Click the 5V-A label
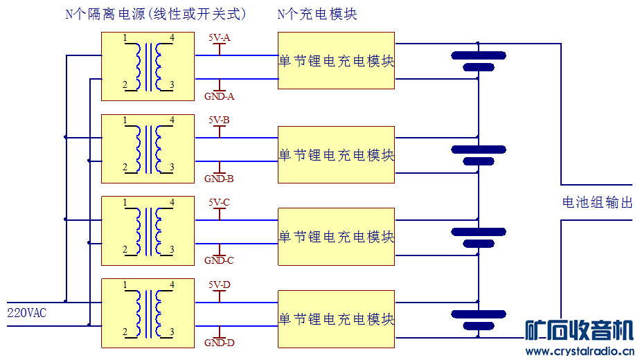tap(219, 38)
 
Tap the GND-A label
tap(219, 96)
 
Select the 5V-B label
tap(219, 120)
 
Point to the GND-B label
tap(219, 179)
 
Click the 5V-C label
tap(219, 202)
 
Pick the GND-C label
tap(219, 260)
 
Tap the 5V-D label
tap(219, 285)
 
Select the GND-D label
tap(219, 343)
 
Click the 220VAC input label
tap(26, 313)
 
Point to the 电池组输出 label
tap(597, 203)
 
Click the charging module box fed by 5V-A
tap(336, 60)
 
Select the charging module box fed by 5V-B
tap(336, 154)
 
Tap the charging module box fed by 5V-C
tap(336, 236)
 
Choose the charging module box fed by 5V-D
tap(336, 318)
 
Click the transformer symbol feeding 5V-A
tap(148, 66)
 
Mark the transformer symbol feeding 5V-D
tap(148, 313)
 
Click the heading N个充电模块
tap(317, 14)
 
